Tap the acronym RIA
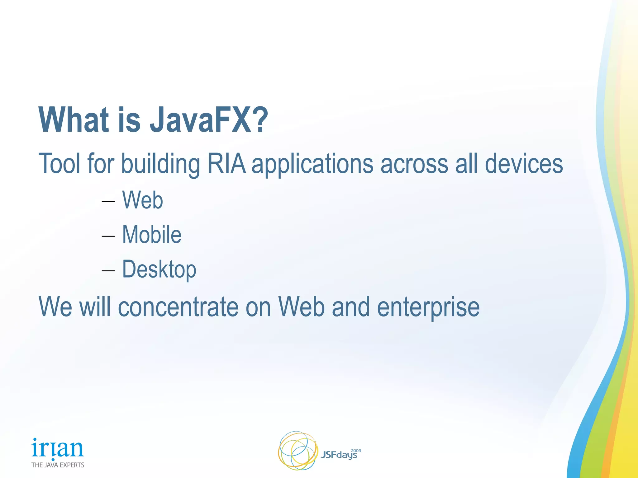tap(226, 164)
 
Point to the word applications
tap(312, 164)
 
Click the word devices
tap(524, 164)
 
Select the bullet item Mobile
tap(151, 235)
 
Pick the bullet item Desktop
tap(159, 269)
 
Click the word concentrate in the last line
tap(178, 307)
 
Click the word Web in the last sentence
tap(301, 307)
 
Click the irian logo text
tap(58, 448)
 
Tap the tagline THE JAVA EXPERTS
tap(58, 465)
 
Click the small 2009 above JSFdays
tap(356, 451)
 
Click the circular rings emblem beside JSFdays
tap(298, 450)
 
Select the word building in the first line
tap(160, 164)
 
